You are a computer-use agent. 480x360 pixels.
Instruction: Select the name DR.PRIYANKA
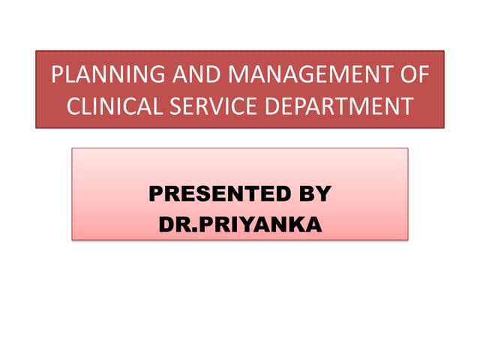coord(240,223)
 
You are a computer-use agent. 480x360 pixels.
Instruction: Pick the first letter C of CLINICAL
coord(73,106)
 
